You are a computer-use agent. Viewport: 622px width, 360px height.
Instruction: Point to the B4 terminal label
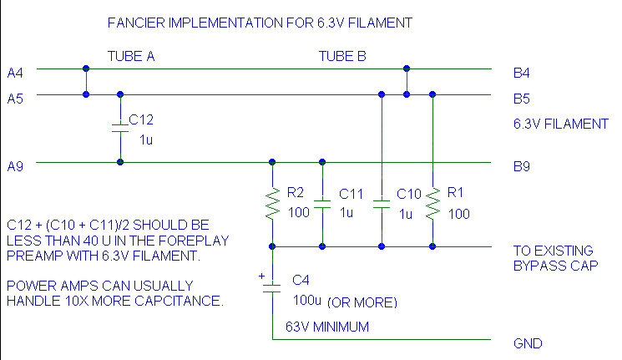coord(522,73)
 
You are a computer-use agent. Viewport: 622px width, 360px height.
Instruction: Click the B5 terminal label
coord(522,99)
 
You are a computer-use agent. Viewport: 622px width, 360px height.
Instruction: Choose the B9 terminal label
coord(522,167)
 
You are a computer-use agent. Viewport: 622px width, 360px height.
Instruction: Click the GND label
coord(528,343)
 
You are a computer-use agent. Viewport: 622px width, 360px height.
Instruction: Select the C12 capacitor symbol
coord(121,129)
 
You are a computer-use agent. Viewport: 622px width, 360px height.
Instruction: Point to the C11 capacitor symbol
coord(322,203)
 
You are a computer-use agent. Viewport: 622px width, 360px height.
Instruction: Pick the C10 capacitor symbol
coord(382,203)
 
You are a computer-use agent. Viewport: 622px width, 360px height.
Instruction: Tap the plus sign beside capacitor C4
coord(260,275)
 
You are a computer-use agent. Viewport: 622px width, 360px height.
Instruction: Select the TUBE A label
coord(131,56)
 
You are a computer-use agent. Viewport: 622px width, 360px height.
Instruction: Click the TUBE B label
coord(342,56)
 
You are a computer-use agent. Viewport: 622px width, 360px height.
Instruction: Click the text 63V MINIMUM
coord(327,327)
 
